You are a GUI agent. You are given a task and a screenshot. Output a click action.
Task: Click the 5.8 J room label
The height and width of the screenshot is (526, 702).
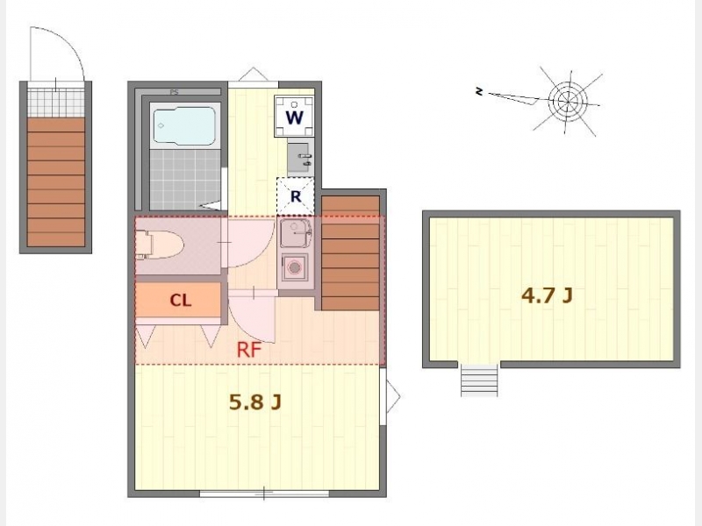[x=255, y=402]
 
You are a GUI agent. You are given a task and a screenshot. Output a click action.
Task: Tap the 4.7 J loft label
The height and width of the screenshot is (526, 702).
[x=547, y=295]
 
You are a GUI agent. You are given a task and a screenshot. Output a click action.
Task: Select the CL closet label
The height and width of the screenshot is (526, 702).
[x=181, y=301]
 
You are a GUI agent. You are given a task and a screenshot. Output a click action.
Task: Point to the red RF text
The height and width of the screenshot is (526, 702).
[x=249, y=350]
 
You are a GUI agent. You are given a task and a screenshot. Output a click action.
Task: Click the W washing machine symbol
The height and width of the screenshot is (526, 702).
[x=295, y=117]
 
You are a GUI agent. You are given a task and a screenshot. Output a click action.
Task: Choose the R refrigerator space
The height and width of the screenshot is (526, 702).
[x=296, y=195]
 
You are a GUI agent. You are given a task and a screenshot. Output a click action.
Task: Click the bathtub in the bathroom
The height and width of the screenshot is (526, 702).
[x=184, y=125]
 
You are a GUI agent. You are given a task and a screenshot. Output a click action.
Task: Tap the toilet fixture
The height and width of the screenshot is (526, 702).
[x=160, y=245]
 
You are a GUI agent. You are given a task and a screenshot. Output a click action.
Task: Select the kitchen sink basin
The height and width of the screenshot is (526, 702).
[x=296, y=233]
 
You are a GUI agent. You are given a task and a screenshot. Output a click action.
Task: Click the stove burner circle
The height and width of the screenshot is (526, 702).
[x=295, y=268]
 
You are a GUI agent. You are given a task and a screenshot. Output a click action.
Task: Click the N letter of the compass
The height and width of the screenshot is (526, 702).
[x=479, y=92]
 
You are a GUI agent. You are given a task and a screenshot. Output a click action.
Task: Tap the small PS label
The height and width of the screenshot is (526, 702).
[x=174, y=93]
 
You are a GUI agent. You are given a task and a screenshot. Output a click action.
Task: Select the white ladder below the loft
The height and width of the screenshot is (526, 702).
[x=479, y=380]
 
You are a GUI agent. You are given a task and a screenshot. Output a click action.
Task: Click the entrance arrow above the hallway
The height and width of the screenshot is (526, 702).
[x=253, y=75]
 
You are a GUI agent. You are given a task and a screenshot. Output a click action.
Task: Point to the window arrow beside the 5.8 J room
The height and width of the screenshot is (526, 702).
[x=393, y=396]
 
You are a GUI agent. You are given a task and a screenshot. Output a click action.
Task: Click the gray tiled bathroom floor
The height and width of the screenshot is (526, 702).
[x=185, y=179]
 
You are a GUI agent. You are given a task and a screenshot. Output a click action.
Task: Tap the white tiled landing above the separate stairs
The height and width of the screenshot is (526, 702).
[x=56, y=99]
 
